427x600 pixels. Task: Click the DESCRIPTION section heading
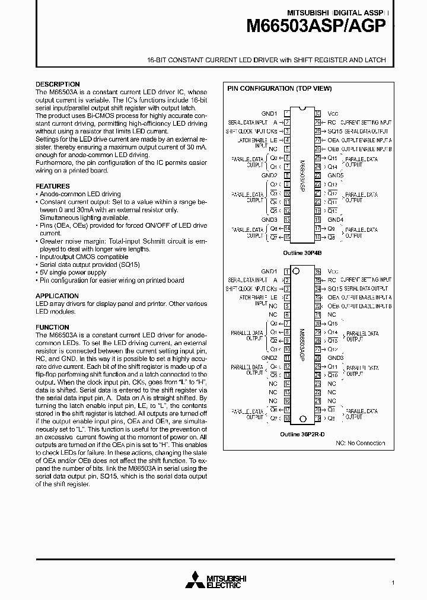point(58,84)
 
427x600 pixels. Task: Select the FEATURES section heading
point(52,186)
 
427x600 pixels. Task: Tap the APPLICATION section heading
point(57,296)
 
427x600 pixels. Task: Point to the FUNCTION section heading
point(52,327)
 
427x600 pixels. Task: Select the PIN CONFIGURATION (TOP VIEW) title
point(280,88)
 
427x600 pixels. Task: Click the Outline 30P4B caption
point(302,252)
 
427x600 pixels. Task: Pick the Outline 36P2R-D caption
point(302,434)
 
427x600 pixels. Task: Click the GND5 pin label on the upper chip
point(335,175)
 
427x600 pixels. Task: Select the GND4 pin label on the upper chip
point(335,219)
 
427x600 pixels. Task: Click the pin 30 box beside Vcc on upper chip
point(318,113)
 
